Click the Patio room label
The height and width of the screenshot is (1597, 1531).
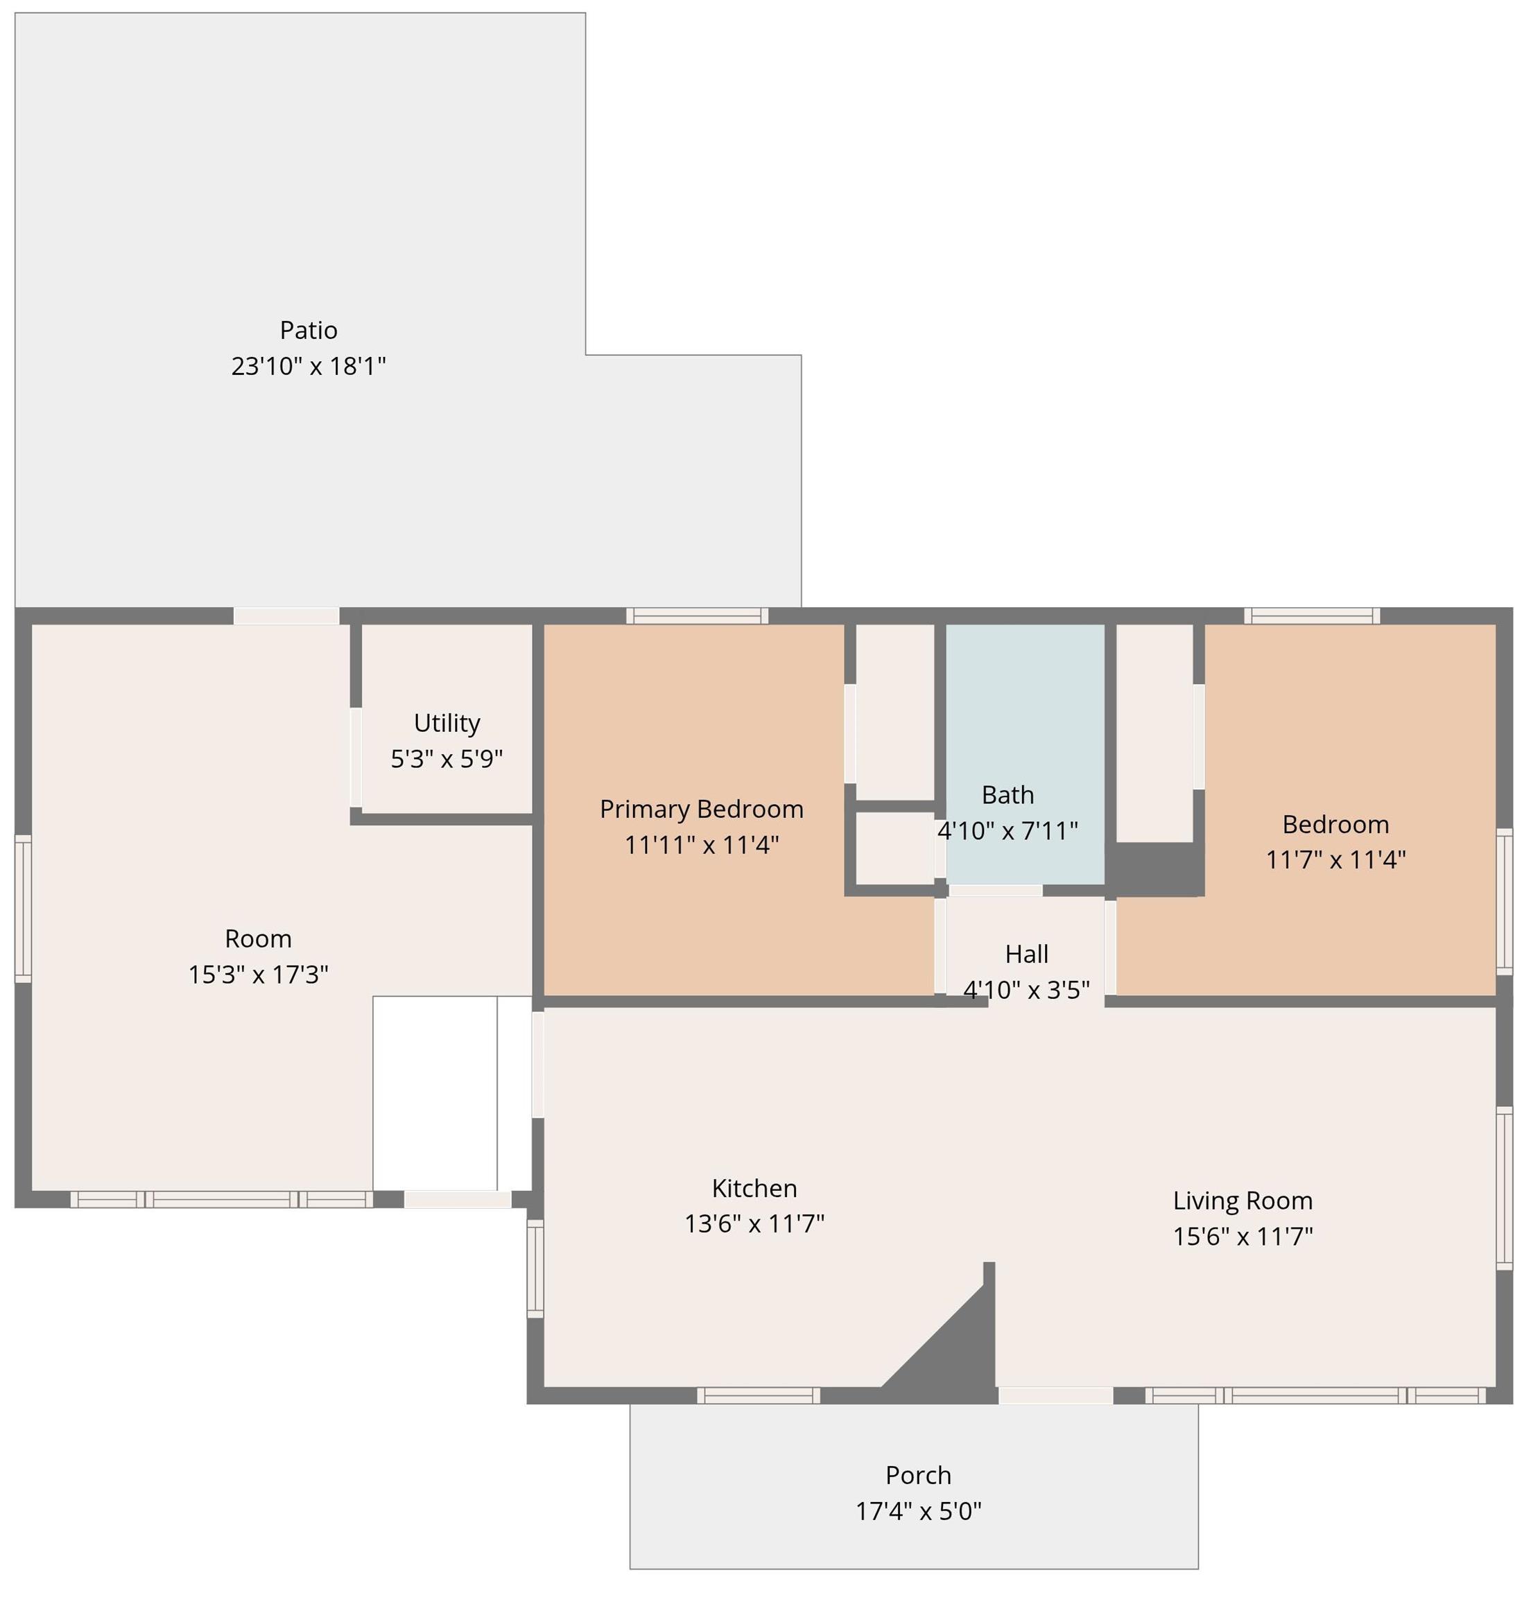pyautogui.click(x=308, y=330)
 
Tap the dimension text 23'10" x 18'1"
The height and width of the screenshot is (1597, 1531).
pyautogui.click(x=308, y=366)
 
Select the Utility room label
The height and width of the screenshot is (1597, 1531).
pyautogui.click(x=446, y=723)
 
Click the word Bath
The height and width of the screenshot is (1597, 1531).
pyautogui.click(x=1007, y=794)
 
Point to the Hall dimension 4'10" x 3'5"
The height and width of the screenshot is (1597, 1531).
pyautogui.click(x=1026, y=990)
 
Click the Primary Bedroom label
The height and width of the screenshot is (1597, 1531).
pyautogui.click(x=701, y=809)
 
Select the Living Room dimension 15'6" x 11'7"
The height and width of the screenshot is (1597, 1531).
pyautogui.click(x=1242, y=1236)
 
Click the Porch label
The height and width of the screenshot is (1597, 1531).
pyautogui.click(x=917, y=1475)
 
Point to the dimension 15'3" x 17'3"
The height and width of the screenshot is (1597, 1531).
pyautogui.click(x=258, y=975)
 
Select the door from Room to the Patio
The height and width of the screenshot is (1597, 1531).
pyautogui.click(x=286, y=616)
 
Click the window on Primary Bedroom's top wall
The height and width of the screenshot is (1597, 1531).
pyautogui.click(x=696, y=616)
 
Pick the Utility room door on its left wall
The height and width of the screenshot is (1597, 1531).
pyautogui.click(x=356, y=757)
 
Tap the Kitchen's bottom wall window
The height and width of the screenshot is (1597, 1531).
pyautogui.click(x=757, y=1396)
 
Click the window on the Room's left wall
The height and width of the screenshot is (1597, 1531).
pyautogui.click(x=23, y=908)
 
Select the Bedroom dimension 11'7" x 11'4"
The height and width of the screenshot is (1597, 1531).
pyautogui.click(x=1335, y=859)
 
